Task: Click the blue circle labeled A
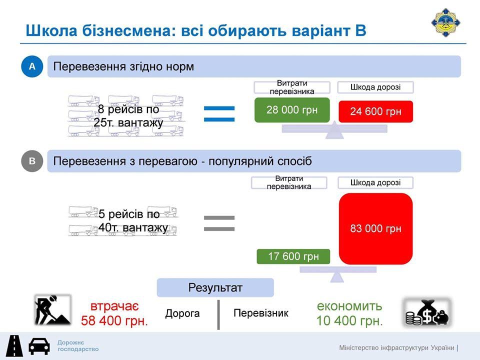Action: [x=32, y=66]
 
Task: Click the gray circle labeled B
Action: [x=32, y=161]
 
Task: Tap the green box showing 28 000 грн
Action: [x=292, y=110]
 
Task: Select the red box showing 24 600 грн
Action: [x=375, y=111]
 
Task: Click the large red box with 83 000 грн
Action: [x=375, y=228]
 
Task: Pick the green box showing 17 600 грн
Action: [x=293, y=256]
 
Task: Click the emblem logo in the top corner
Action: [x=445, y=22]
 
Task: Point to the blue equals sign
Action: [x=219, y=113]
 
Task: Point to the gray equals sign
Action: [x=219, y=223]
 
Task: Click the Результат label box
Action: [x=215, y=287]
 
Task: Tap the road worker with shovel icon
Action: [x=52, y=310]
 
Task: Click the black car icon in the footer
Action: [x=39, y=346]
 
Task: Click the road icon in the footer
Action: [x=14, y=346]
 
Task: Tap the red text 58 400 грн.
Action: [x=114, y=321]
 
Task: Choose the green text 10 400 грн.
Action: [x=349, y=321]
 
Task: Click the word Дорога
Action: [x=182, y=313]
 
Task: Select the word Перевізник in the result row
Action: [x=261, y=313]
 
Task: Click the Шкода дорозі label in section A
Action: [x=375, y=87]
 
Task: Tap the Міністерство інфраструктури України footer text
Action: [x=396, y=348]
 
